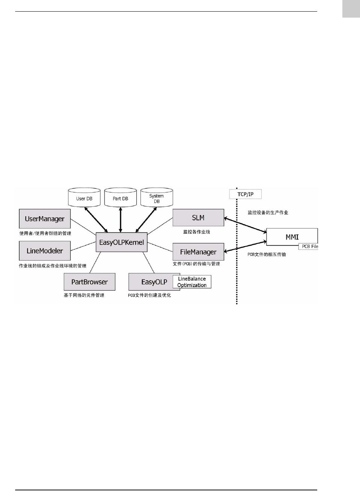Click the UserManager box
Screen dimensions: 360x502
pyautogui.click(x=45, y=219)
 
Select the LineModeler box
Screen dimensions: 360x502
pyautogui.click(x=45, y=251)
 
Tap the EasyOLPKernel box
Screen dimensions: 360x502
pyautogui.click(x=121, y=242)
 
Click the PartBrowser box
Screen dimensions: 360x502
pyautogui.click(x=89, y=282)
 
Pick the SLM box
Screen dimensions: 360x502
pyautogui.click(x=198, y=218)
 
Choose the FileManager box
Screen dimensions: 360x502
pyautogui.click(x=198, y=252)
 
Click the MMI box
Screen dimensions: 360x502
pyautogui.click(x=292, y=237)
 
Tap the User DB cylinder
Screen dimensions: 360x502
pyautogui.click(x=84, y=198)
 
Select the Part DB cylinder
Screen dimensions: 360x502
pyautogui.click(x=121, y=198)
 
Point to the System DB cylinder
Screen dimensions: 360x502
pyautogui.click(x=157, y=198)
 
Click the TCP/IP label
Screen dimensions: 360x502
pyautogui.click(x=245, y=194)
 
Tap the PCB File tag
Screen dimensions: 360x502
pyautogui.click(x=309, y=246)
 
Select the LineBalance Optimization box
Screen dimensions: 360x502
pyautogui.click(x=192, y=282)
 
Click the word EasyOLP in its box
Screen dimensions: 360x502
pyautogui.click(x=154, y=282)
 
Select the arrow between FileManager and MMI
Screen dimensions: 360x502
pyautogui.click(x=245, y=246)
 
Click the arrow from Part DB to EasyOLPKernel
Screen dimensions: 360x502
pyautogui.click(x=121, y=219)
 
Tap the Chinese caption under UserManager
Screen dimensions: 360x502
pyautogui.click(x=45, y=233)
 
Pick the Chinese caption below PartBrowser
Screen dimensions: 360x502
pyautogui.click(x=84, y=295)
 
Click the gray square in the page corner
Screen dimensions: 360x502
pyautogui.click(x=351, y=9)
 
